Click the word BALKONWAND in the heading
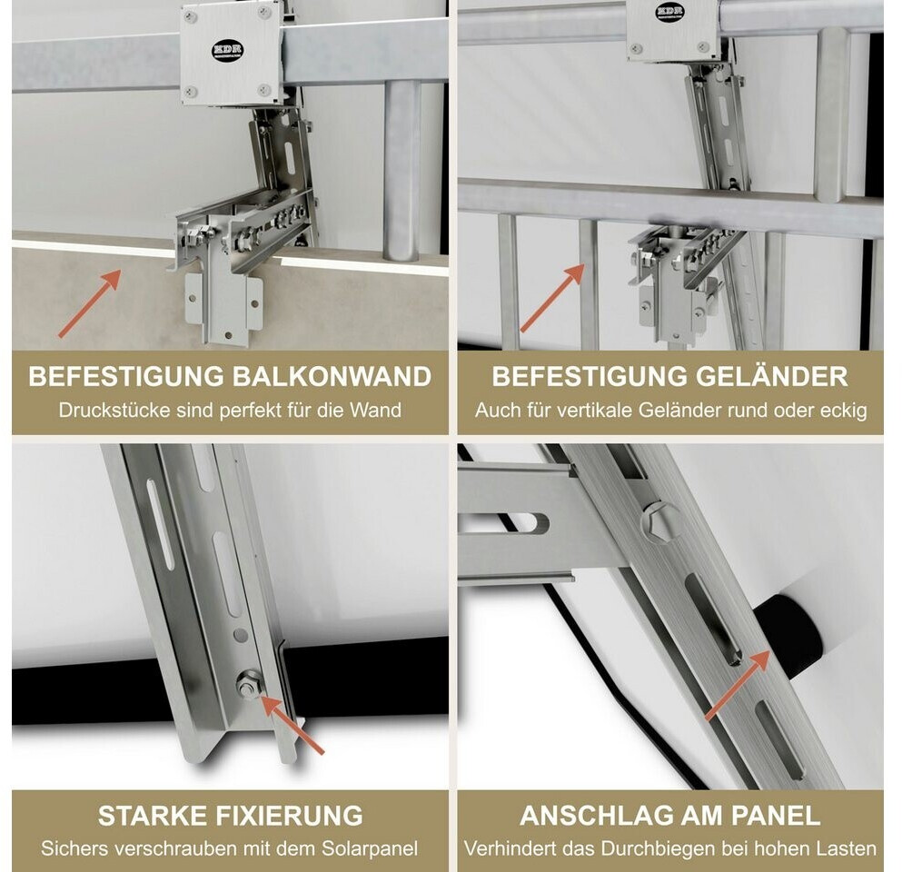[332, 377]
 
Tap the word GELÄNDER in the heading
[772, 377]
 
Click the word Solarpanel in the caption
[370, 849]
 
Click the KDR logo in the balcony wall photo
[228, 50]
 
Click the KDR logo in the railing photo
[669, 12]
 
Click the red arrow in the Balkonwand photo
[90, 303]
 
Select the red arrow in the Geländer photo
[552, 298]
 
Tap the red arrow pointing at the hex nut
[292, 724]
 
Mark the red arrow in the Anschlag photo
[738, 685]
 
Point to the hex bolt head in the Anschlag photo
[661, 521]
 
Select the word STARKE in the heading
[153, 816]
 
